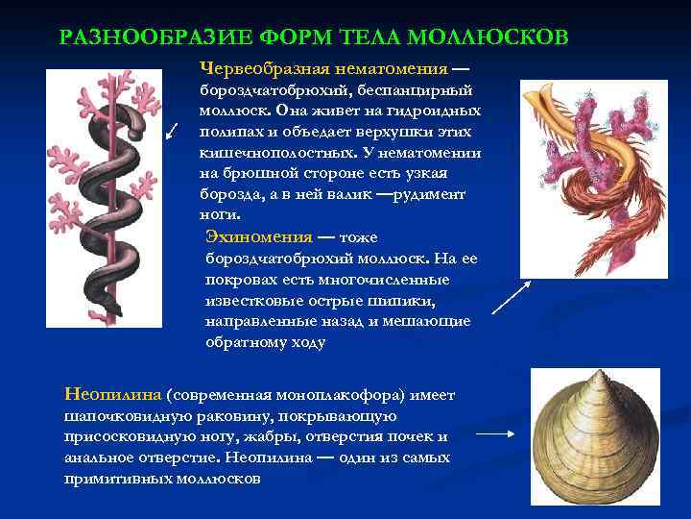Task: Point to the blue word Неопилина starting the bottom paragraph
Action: tap(113, 395)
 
